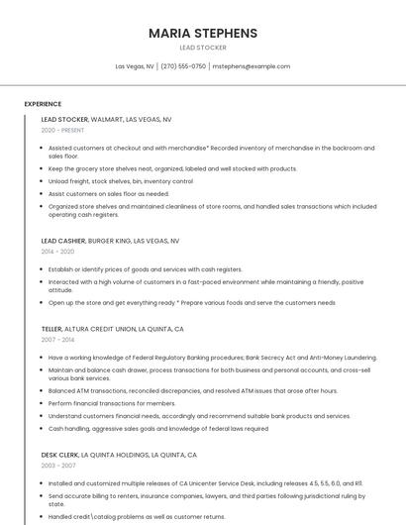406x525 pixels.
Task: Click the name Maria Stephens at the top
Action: (202, 33)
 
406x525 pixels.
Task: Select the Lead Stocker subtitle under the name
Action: (202, 48)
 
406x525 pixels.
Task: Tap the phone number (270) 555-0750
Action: (183, 66)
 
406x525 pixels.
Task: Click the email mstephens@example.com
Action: (252, 66)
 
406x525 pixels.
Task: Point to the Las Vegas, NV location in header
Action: (135, 66)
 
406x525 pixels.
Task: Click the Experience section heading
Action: (43, 104)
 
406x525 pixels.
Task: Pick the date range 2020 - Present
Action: (62, 130)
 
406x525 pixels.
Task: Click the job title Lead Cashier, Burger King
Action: (110, 241)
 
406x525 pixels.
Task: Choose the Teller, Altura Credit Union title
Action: (112, 329)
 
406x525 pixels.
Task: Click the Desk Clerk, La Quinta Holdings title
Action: (119, 455)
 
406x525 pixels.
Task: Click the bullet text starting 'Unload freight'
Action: (121, 181)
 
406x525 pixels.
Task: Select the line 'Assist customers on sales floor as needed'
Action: (109, 194)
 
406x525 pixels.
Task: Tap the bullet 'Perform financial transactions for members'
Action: (112, 403)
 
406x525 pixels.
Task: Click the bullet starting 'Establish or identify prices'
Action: (145, 268)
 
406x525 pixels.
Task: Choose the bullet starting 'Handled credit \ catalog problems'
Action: (137, 517)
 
